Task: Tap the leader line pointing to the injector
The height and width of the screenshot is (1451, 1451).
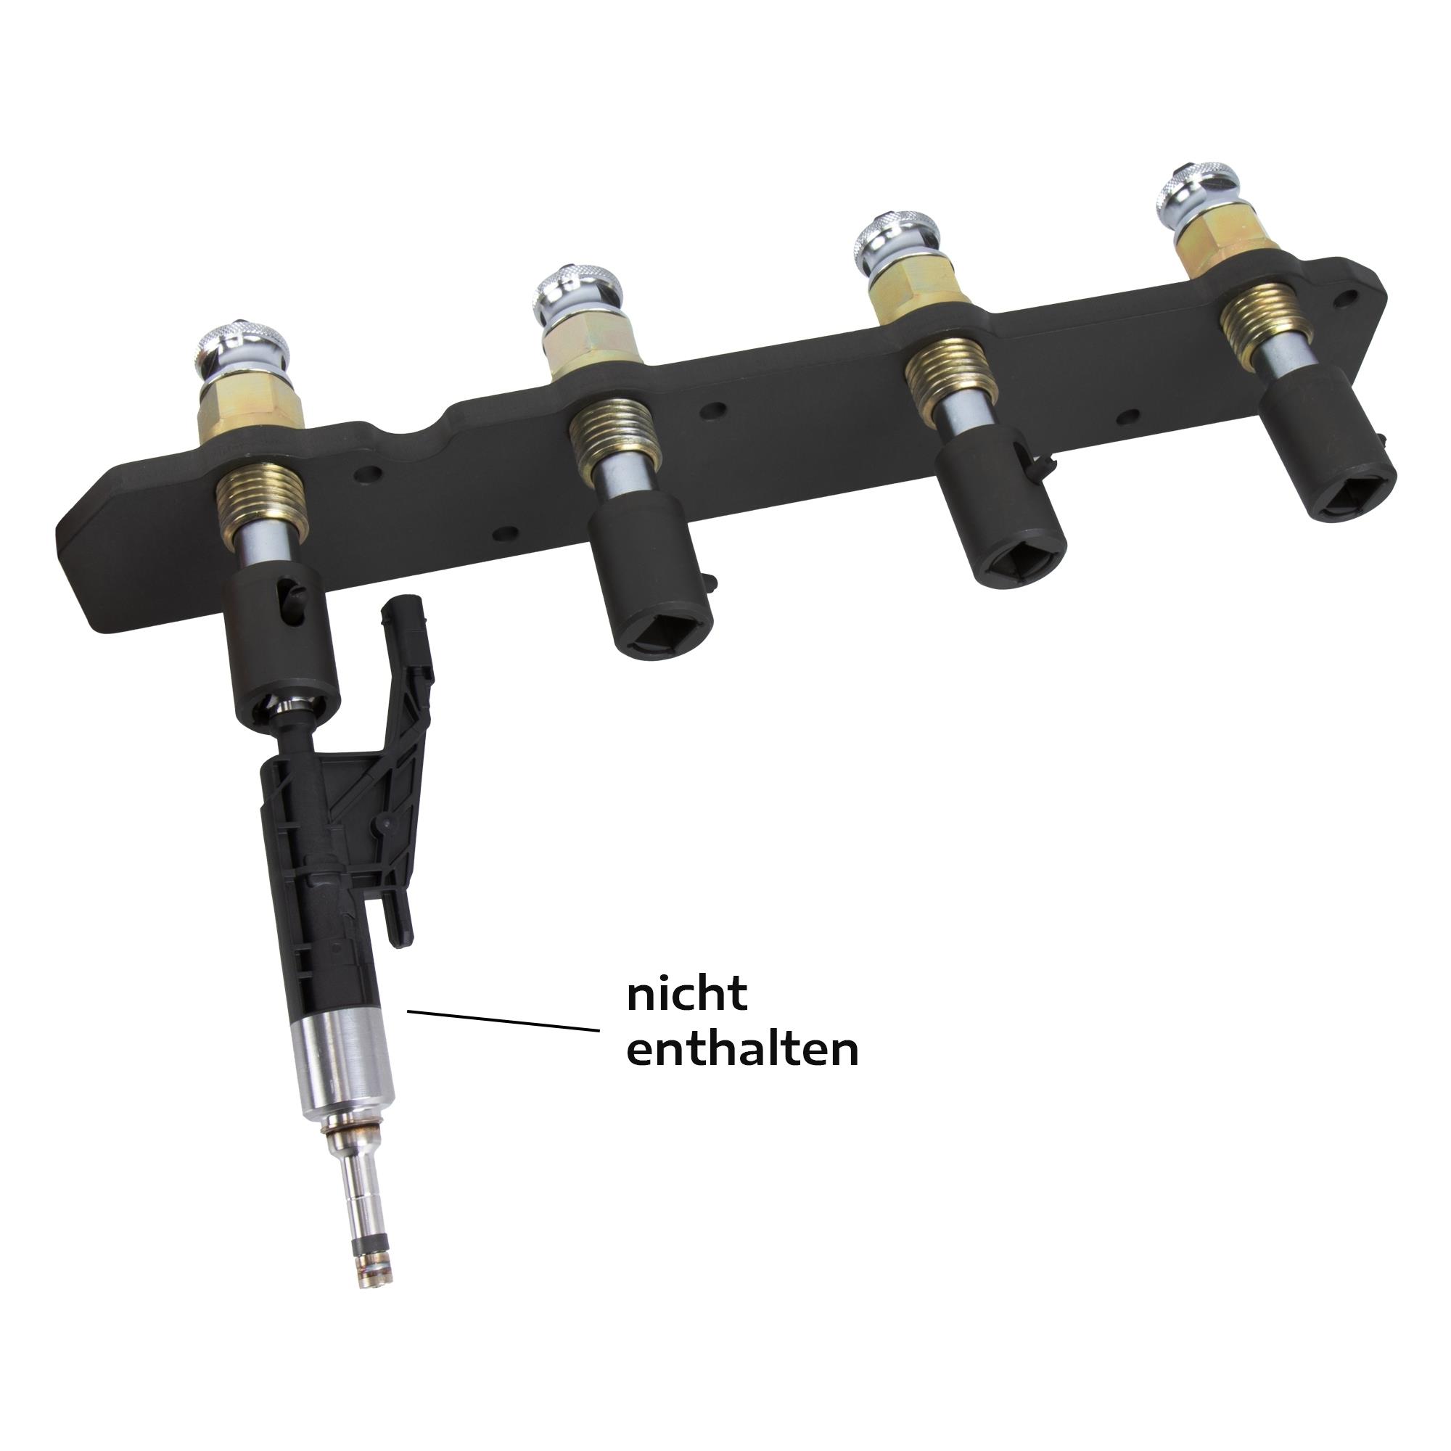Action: tap(503, 1021)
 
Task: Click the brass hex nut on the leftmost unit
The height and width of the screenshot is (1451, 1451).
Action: tap(250, 409)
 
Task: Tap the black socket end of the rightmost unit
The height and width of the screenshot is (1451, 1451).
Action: tap(1328, 453)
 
